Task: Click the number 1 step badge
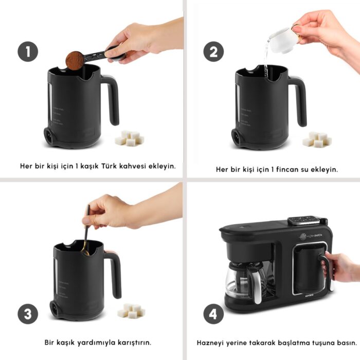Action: point(28,52)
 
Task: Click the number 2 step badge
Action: point(213,52)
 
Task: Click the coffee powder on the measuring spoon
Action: point(75,60)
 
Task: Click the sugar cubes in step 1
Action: point(129,138)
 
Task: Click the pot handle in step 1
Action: point(112,98)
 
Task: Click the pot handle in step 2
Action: point(299,98)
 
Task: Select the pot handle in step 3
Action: point(114,273)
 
